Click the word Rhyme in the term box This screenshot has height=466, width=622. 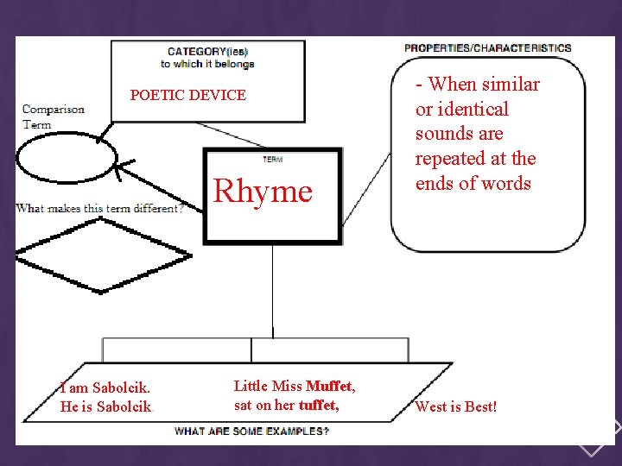coord(263,191)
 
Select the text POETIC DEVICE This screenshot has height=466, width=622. coord(187,95)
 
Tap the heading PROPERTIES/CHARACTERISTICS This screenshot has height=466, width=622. coord(488,47)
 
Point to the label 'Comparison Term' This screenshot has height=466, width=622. coord(53,116)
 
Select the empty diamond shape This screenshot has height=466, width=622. coord(102,255)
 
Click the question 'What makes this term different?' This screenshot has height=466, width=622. coord(99,208)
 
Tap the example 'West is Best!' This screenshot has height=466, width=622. coord(456,406)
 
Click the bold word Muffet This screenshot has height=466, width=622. coord(329,386)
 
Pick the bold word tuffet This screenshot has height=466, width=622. coord(317,405)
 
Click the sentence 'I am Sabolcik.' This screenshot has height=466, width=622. coord(103,387)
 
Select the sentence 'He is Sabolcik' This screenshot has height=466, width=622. coord(105,406)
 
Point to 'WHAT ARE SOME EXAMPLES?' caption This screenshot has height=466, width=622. coord(251,431)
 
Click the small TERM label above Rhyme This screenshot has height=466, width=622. coord(272,160)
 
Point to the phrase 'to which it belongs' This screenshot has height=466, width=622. coord(207,64)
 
